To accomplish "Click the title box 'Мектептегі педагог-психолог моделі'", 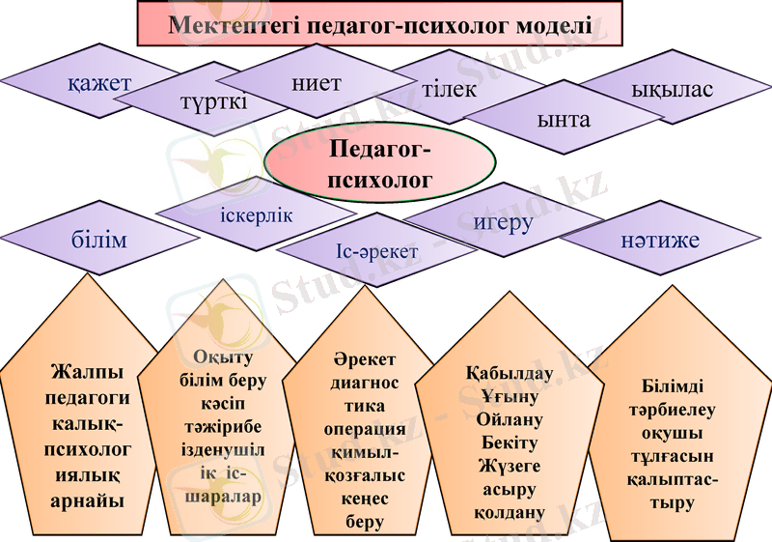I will [380, 24].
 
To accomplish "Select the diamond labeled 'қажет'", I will [99, 84].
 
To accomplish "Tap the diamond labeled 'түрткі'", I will [212, 100].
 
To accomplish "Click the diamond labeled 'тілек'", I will [449, 89].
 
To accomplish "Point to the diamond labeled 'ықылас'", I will [672, 90].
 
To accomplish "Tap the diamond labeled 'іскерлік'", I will [256, 214].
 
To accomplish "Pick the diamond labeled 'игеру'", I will [503, 221].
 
